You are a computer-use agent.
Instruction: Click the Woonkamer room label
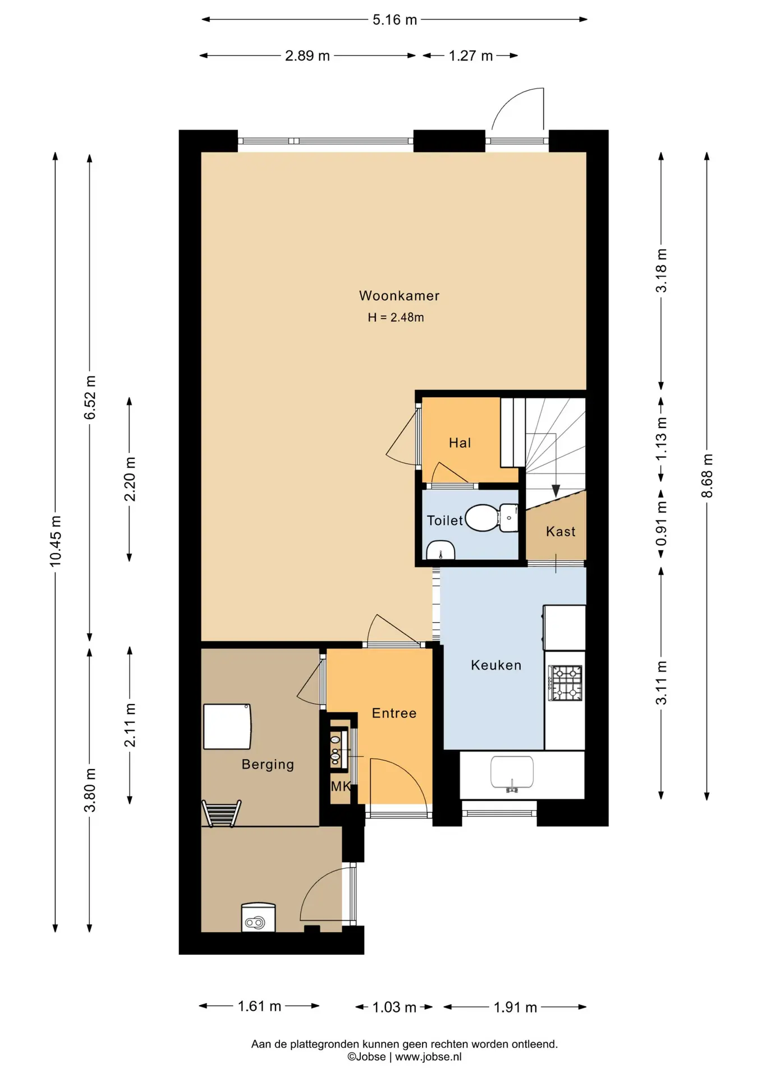[399, 296]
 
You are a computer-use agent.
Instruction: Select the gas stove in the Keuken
[565, 683]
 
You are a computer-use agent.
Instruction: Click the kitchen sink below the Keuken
[512, 773]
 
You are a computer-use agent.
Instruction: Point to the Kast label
[561, 531]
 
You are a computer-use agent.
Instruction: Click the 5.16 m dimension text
[394, 20]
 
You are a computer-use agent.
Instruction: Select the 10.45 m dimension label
[56, 541]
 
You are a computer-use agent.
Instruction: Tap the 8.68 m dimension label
[707, 476]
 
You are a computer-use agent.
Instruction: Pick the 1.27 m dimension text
[470, 56]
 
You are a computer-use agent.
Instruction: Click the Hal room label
[460, 443]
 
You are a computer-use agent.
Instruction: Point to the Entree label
[394, 713]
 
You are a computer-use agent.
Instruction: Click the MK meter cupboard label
[341, 786]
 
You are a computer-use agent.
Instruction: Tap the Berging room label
[268, 765]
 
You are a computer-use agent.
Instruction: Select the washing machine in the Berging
[258, 917]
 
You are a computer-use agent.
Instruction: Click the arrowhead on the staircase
[556, 491]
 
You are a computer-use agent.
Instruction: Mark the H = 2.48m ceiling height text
[396, 317]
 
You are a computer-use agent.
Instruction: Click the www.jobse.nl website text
[428, 1057]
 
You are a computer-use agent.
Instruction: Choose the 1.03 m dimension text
[394, 1007]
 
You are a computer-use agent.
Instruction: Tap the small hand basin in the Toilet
[440, 550]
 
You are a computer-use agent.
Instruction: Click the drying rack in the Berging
[222, 813]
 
